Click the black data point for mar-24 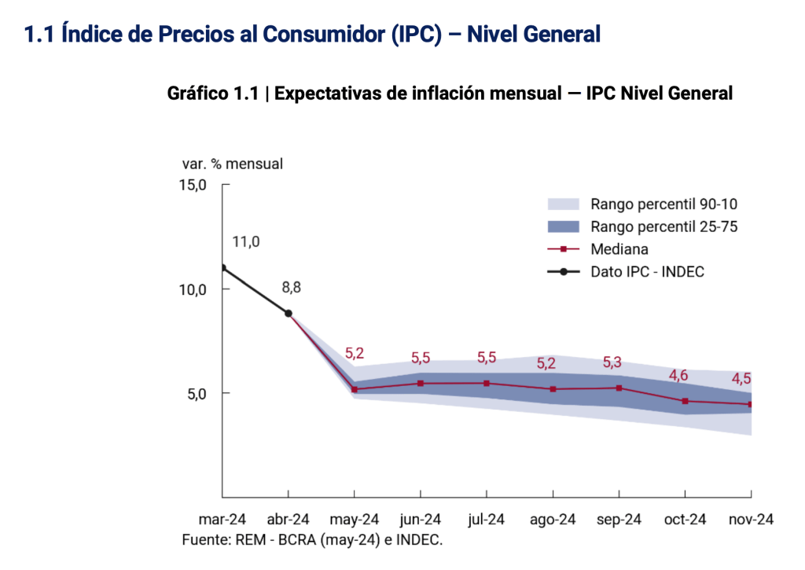(x=222, y=268)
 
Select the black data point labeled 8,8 (x=289, y=313)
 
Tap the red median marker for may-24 (x=355, y=389)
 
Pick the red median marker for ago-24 (x=553, y=389)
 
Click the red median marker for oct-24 (x=685, y=401)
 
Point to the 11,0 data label (x=245, y=242)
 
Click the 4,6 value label (x=678, y=375)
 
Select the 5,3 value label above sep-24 (x=612, y=362)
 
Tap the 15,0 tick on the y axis (x=192, y=186)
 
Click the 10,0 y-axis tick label (x=192, y=289)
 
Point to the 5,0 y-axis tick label (x=195, y=393)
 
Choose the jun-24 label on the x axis (x=421, y=520)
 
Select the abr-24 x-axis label (x=289, y=520)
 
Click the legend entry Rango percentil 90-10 (x=663, y=204)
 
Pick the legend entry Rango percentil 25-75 (x=663, y=227)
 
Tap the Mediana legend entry (x=619, y=249)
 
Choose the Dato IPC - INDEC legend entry (x=647, y=272)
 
